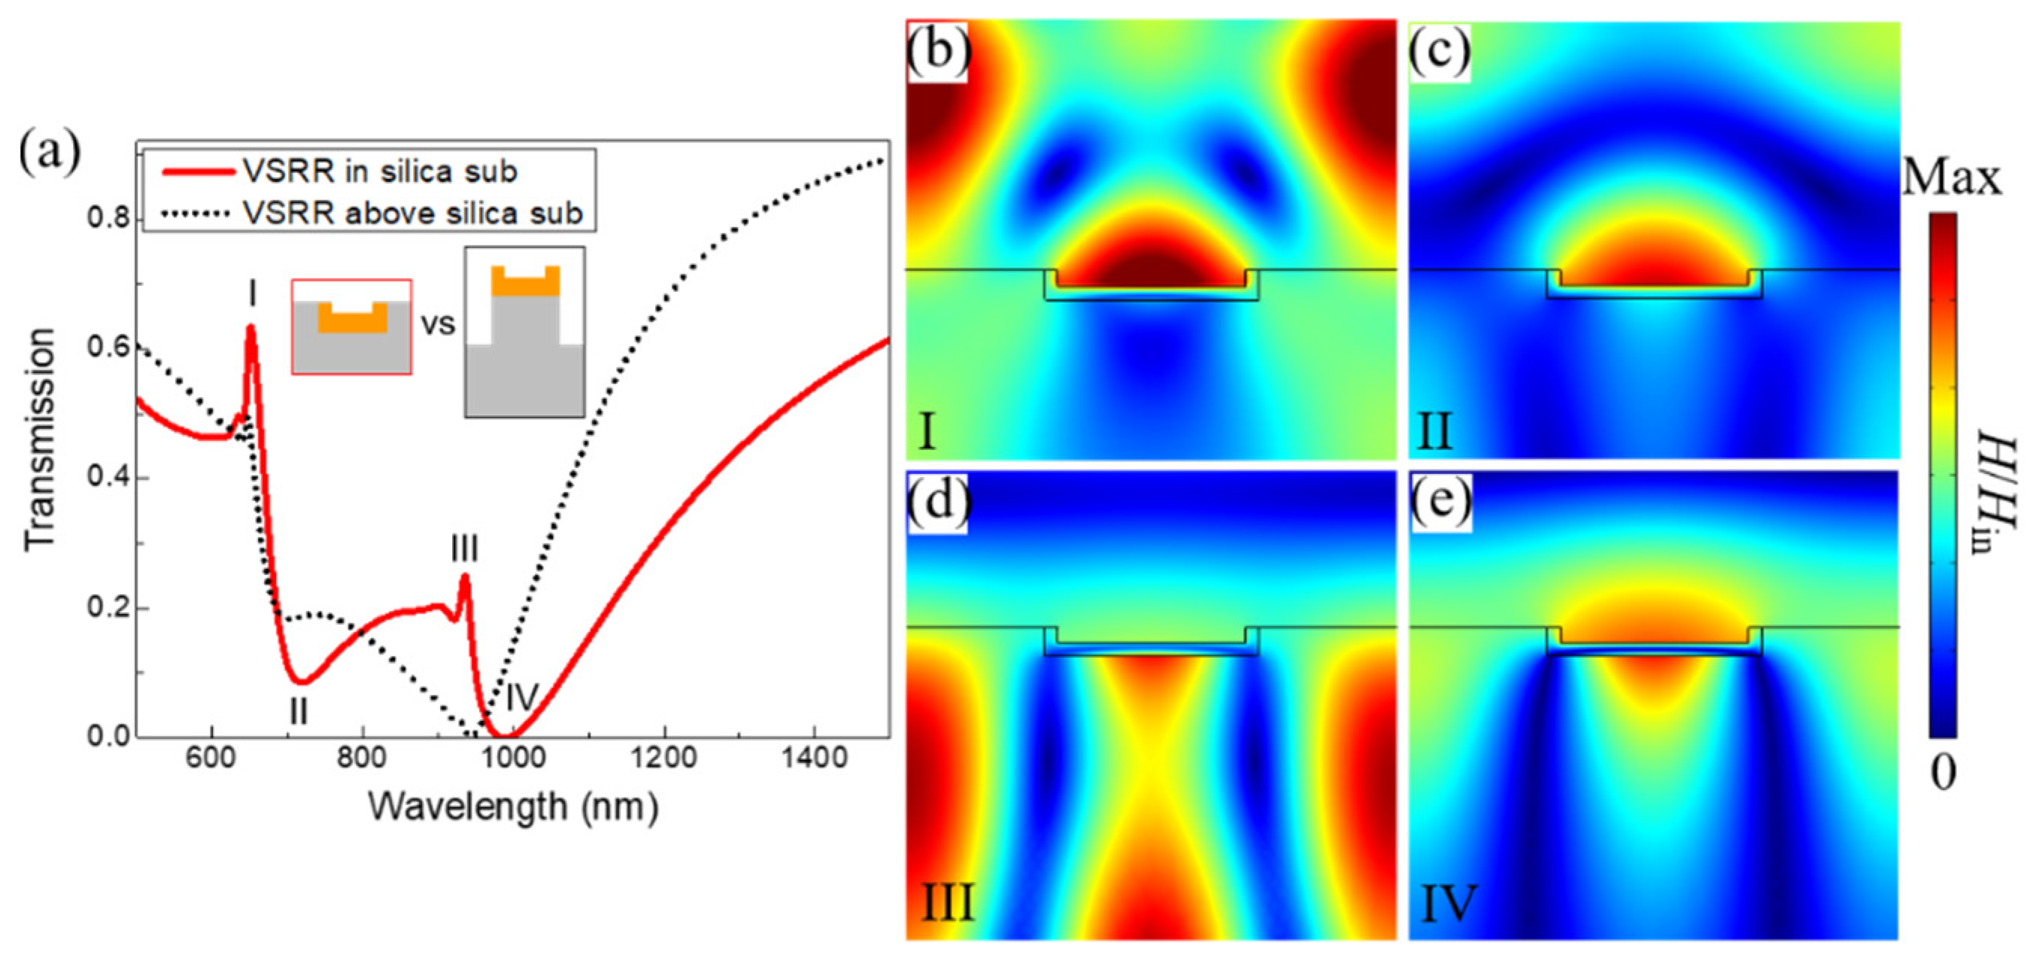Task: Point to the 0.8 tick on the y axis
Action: (108, 219)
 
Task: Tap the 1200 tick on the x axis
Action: (663, 757)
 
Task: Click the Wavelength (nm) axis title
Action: (513, 807)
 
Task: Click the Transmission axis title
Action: (39, 439)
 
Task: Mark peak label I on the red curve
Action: (252, 293)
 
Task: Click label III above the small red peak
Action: (464, 548)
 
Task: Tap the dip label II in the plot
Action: (298, 712)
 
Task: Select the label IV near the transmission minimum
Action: (521, 697)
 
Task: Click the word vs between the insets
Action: (438, 324)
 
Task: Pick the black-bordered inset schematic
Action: (525, 332)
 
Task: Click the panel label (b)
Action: (938, 50)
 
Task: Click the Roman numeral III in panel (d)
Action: (948, 903)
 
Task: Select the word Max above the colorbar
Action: (1951, 178)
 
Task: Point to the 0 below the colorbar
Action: (1943, 771)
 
